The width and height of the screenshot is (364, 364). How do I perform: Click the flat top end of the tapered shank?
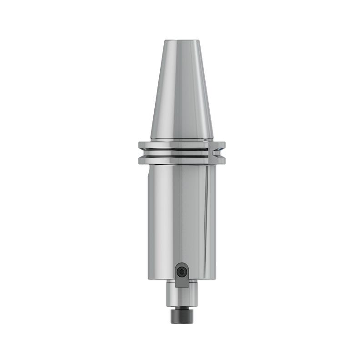pyautogui.click(x=182, y=40)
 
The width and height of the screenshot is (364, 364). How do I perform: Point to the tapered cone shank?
pyautogui.click(x=182, y=91)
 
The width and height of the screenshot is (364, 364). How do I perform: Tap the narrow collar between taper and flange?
pyautogui.click(x=182, y=140)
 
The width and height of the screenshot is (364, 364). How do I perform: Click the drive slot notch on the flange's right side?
pyautogui.click(x=217, y=153)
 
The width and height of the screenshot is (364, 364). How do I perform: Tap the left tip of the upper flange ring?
pyautogui.click(x=140, y=146)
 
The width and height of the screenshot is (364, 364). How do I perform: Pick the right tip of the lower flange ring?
pyautogui.click(x=224, y=160)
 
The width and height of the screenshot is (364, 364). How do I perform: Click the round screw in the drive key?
pyautogui.click(x=182, y=272)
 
